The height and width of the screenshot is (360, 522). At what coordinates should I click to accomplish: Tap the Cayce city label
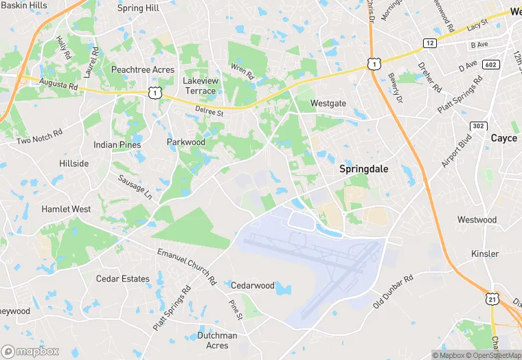coord(503,138)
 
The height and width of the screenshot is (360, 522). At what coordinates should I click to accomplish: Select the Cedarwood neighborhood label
coord(252,285)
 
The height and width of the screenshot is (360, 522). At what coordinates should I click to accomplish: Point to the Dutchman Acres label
coord(217,340)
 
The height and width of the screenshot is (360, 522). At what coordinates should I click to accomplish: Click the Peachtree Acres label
coord(143,70)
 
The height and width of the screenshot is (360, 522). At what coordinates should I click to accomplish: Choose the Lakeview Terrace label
coord(199,85)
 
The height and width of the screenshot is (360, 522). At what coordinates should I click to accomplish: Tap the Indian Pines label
coord(117,145)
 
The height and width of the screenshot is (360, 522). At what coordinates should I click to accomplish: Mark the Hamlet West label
coord(66,209)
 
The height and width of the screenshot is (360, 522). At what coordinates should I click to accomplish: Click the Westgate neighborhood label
coord(328,103)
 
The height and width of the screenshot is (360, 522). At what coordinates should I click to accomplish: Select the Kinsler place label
coord(485,254)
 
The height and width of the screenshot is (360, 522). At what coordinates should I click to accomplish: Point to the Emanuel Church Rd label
coord(186,267)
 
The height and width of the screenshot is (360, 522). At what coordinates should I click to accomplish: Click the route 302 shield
coord(479,126)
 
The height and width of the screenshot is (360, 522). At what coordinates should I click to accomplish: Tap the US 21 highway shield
coord(492,298)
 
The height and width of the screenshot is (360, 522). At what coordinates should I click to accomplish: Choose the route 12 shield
coord(430,43)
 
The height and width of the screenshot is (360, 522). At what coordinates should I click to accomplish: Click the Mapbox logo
coord(30,351)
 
